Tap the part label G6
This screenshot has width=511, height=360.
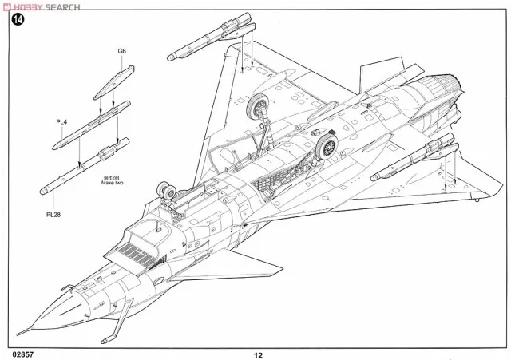[x=121, y=51]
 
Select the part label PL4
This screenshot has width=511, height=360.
[x=61, y=121]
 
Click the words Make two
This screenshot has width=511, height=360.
[x=112, y=183]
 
